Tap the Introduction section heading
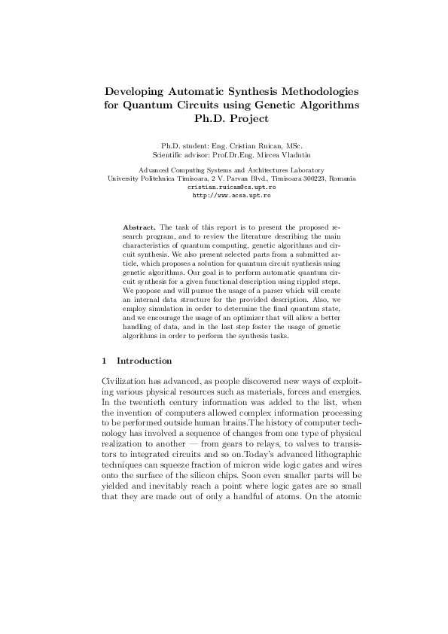click(x=144, y=361)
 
